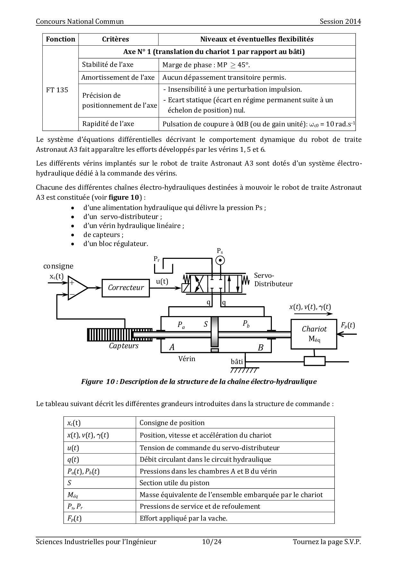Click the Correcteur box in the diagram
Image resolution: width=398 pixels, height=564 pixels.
[126, 287]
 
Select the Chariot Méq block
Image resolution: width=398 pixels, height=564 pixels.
[314, 334]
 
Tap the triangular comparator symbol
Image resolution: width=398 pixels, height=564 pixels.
[77, 288]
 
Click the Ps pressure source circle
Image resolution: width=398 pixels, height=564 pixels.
[220, 260]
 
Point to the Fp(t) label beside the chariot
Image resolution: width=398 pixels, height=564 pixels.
[348, 325]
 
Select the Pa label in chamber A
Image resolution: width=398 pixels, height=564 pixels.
[181, 325]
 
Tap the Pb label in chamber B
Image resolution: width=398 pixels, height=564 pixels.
[246, 324]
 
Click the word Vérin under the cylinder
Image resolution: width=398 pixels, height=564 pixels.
[187, 359]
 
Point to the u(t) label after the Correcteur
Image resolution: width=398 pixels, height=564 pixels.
[162, 281]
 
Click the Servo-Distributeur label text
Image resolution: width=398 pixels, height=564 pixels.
[273, 280]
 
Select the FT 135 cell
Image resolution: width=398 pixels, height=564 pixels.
[57, 90]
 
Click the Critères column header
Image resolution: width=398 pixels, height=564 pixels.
[116, 39]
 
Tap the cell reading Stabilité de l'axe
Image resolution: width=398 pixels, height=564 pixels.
[108, 65]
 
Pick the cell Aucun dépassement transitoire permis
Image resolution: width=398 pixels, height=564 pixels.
[224, 77]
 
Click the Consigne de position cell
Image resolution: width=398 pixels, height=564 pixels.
[172, 423]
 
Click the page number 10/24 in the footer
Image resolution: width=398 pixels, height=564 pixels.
[212, 542]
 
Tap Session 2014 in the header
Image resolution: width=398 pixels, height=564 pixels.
[340, 22]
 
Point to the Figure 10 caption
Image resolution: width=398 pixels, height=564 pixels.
[199, 382]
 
